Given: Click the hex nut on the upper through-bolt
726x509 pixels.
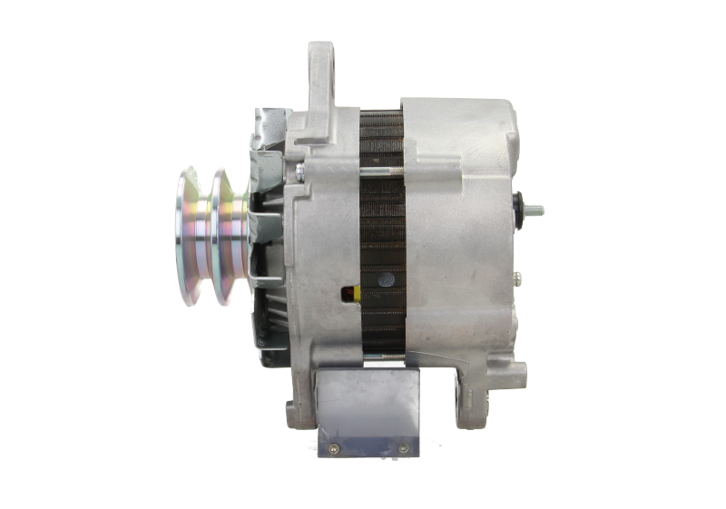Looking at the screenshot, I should click(299, 170).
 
